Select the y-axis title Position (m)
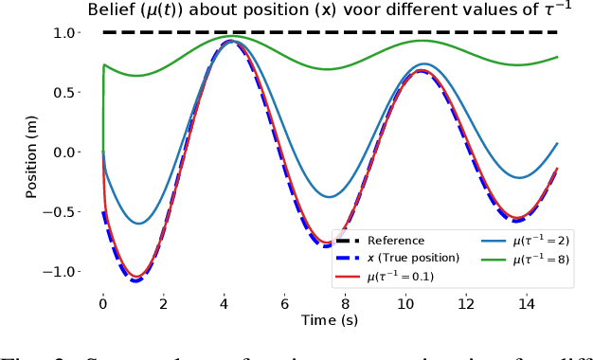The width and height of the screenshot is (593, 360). [32, 153]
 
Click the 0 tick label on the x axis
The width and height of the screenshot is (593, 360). [103, 304]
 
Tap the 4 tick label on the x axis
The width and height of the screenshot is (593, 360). [224, 304]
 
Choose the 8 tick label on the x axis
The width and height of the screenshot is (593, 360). [345, 304]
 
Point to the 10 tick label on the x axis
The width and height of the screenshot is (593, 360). [405, 304]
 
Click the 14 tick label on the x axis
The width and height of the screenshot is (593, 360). [526, 304]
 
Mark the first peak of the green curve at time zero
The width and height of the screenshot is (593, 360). [104, 65]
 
